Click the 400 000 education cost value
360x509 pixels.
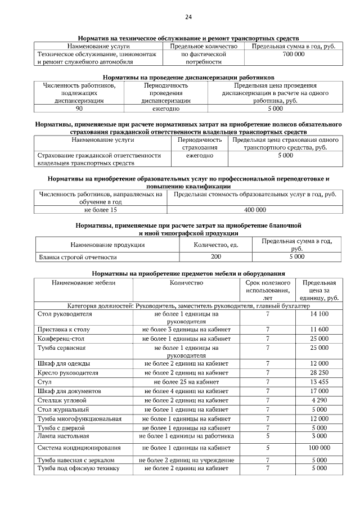pos(255,210)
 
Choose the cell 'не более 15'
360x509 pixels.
pos(101,210)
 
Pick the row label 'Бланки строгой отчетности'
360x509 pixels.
pos(77,256)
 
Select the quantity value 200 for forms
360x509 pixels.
pos(215,256)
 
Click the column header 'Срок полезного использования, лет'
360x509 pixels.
pos(267,290)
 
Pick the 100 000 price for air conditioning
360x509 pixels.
pos(319,448)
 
